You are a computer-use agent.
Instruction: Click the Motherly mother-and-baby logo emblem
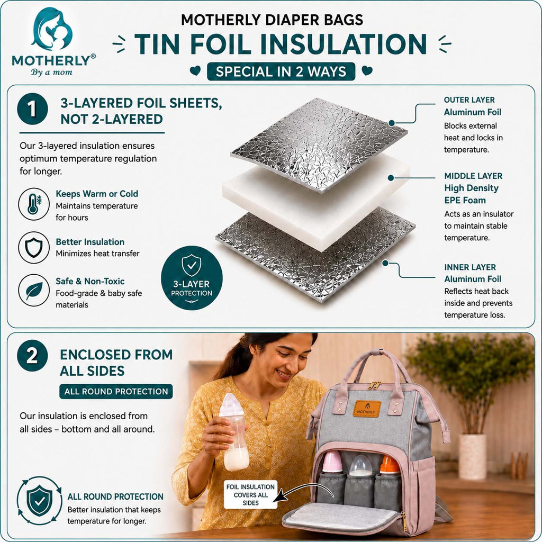click(52, 30)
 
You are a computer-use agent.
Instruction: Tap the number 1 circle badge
click(32, 109)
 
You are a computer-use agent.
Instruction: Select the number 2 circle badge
click(32, 355)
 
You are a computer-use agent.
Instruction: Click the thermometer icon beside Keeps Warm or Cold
click(34, 204)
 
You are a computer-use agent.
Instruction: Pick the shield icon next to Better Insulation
click(34, 248)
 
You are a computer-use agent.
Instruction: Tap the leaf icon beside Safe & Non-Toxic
click(34, 291)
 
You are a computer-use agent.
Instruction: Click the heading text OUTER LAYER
click(469, 100)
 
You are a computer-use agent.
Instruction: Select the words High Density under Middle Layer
click(471, 188)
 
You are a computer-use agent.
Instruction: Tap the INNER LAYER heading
click(470, 267)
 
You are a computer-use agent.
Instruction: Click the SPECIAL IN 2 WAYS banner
click(281, 71)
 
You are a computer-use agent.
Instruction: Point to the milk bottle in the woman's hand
click(236, 431)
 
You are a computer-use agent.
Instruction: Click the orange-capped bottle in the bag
click(390, 464)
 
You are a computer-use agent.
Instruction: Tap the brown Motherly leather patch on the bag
click(367, 409)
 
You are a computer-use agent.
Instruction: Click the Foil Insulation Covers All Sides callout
click(250, 495)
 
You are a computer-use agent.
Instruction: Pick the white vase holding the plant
click(472, 457)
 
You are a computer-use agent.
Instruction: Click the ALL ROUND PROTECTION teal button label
click(116, 391)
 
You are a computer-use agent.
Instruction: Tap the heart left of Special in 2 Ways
click(195, 70)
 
